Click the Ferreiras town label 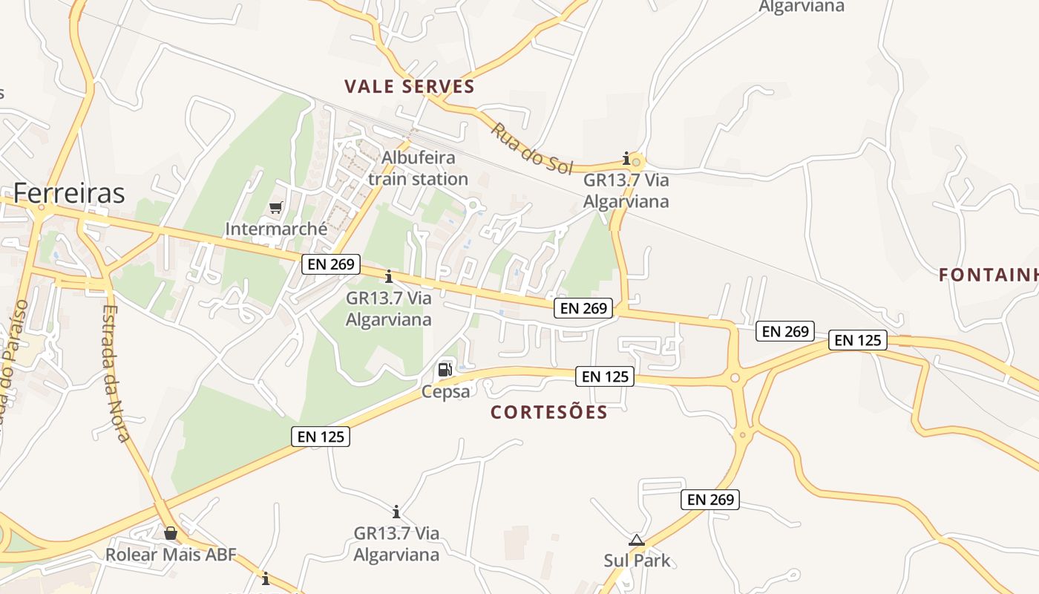69,193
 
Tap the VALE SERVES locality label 410,87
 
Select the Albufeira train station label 418,169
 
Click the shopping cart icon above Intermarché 275,207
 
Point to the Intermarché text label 276,229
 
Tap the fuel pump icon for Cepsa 445,369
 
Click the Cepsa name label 445,391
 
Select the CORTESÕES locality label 549,413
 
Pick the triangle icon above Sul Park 636,540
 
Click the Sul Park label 637,561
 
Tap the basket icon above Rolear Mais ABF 171,533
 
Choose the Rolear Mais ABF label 171,555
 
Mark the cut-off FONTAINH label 988,275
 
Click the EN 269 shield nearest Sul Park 710,500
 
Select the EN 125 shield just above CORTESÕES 606,376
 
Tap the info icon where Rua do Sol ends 626,158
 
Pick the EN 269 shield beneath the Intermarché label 330,264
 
